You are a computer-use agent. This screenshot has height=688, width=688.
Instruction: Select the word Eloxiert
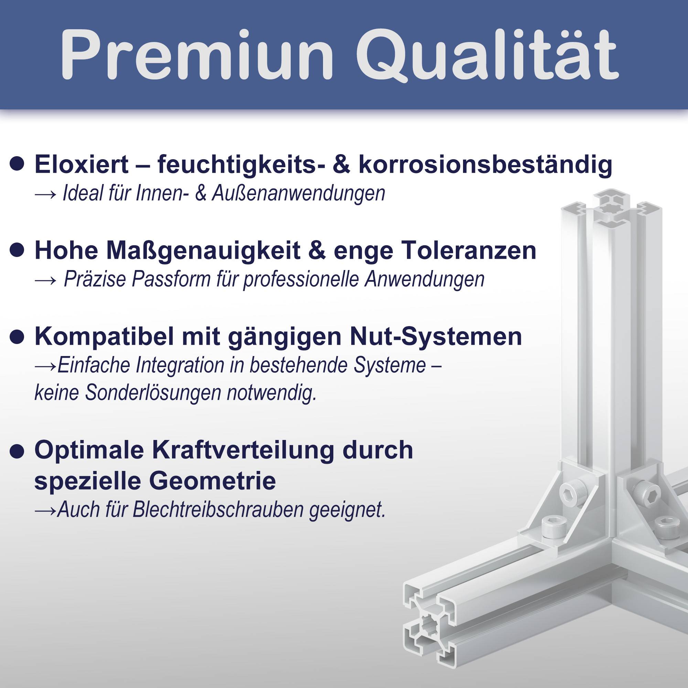[81, 164]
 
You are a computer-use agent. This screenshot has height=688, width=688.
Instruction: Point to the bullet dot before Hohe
[17, 250]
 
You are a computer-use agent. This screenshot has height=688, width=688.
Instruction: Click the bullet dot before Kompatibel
[17, 336]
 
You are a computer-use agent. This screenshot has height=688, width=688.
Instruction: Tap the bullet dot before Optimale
[17, 452]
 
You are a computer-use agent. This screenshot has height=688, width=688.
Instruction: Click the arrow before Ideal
[46, 194]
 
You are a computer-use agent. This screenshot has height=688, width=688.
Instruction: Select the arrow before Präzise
[46, 280]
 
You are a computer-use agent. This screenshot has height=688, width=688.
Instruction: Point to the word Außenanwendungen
[298, 194]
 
